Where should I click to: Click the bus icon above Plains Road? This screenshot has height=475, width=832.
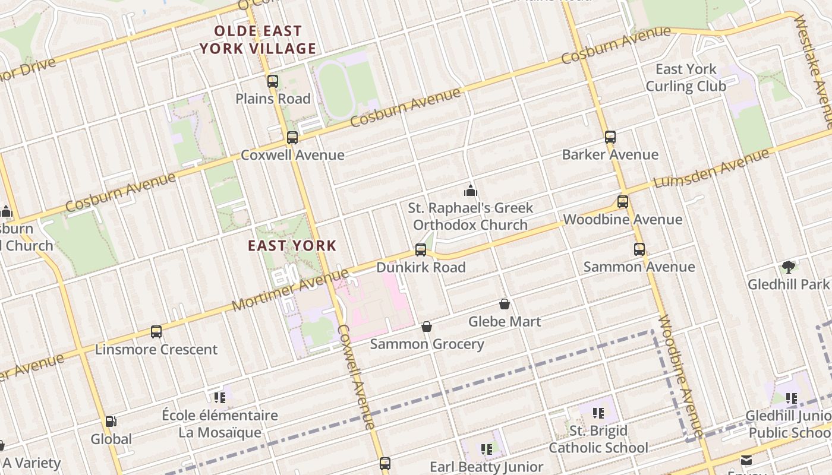point(273,81)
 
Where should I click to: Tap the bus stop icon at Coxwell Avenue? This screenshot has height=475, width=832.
point(292,138)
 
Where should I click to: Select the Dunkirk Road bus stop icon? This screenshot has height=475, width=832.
point(421,250)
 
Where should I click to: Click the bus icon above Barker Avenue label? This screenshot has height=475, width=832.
point(610,137)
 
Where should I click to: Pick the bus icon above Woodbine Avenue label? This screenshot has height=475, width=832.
point(622,202)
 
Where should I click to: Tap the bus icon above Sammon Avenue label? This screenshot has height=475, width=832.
point(639,249)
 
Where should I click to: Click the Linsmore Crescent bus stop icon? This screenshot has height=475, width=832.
point(156,332)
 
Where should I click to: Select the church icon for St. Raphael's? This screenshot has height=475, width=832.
point(471,191)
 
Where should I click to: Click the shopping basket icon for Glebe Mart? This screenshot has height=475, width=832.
point(505,305)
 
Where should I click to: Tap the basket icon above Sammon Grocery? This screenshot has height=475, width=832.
point(427,327)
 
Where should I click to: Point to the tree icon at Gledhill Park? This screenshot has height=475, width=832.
point(789,267)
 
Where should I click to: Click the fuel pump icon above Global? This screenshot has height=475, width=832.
point(111,422)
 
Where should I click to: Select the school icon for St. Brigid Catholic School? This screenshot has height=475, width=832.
point(598,413)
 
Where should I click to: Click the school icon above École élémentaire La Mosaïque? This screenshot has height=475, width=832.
point(220,397)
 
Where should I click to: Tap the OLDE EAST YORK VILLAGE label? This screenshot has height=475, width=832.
point(258,40)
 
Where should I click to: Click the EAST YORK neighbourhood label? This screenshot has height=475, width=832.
point(292,245)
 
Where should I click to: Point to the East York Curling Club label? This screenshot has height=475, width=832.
point(686,78)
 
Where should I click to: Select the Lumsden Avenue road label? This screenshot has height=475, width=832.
point(712,169)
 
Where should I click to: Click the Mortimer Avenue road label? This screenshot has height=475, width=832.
point(290,290)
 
